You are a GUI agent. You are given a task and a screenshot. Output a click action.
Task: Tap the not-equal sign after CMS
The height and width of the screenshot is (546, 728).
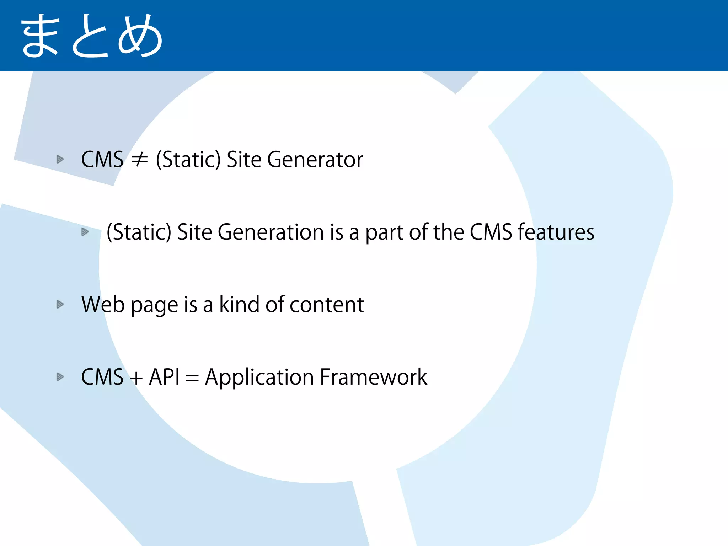(139, 160)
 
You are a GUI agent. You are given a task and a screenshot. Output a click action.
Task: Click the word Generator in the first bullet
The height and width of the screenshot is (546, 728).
(315, 160)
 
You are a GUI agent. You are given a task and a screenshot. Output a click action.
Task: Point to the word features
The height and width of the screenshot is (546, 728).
(556, 232)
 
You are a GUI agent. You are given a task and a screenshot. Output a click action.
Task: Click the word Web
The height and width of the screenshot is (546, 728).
(102, 305)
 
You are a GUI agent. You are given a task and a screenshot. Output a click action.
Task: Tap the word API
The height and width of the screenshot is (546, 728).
(164, 377)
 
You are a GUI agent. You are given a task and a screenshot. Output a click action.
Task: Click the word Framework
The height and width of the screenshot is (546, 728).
(373, 377)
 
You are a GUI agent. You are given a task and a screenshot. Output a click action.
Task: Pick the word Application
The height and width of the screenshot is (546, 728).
(259, 378)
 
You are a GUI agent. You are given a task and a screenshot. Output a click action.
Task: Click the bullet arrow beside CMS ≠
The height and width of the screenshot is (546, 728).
(60, 159)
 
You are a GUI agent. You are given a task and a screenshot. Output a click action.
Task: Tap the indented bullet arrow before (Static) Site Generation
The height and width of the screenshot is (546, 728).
(85, 232)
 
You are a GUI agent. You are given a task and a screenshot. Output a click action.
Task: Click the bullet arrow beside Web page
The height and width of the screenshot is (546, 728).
(60, 304)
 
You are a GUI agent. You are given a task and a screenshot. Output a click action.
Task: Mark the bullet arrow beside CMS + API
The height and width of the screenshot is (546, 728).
(60, 377)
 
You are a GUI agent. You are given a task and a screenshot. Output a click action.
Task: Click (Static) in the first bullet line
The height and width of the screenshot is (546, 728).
(188, 160)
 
